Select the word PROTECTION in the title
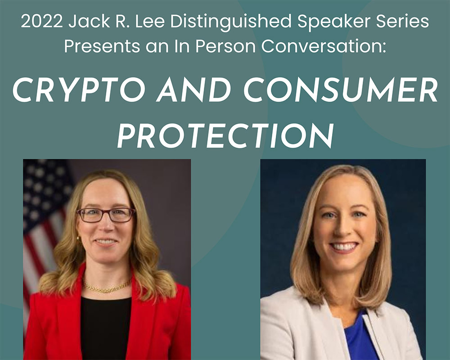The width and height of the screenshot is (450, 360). pos(225,135)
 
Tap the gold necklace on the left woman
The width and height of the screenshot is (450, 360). pos(106,287)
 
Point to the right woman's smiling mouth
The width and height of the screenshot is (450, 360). pos(344,247)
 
